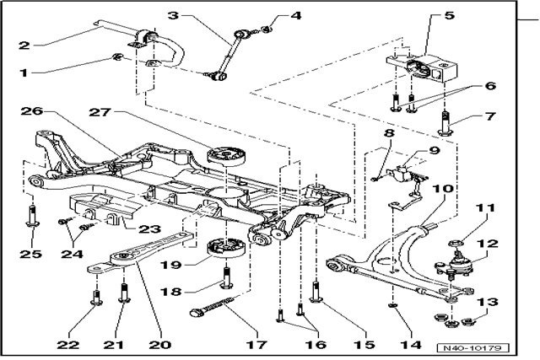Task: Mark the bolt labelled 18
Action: click(226, 276)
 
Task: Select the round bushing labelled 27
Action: click(225, 158)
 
